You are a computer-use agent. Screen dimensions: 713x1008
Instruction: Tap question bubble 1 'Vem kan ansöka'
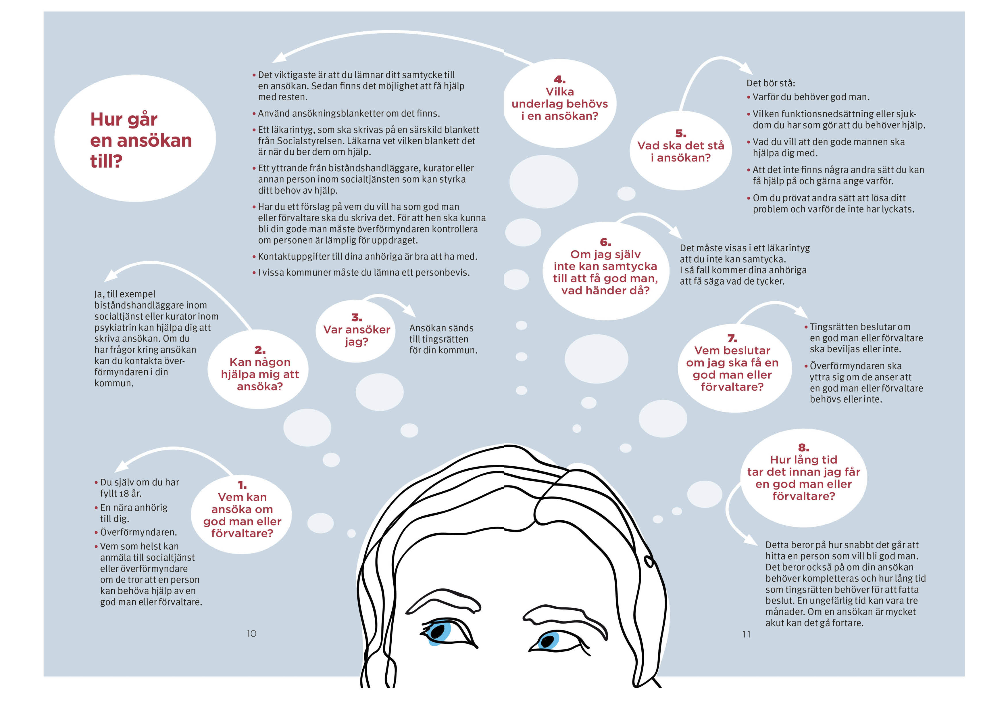(x=242, y=514)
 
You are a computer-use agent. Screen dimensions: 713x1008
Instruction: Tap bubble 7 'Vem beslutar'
(x=732, y=368)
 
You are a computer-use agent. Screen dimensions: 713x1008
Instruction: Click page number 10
(x=251, y=633)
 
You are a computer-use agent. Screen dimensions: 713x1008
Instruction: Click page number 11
(x=746, y=634)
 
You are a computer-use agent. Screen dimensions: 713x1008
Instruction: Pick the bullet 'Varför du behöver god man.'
(x=810, y=97)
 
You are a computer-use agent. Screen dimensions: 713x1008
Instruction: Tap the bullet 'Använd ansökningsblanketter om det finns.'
(x=349, y=113)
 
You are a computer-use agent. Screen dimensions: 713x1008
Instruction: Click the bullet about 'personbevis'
(x=363, y=272)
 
